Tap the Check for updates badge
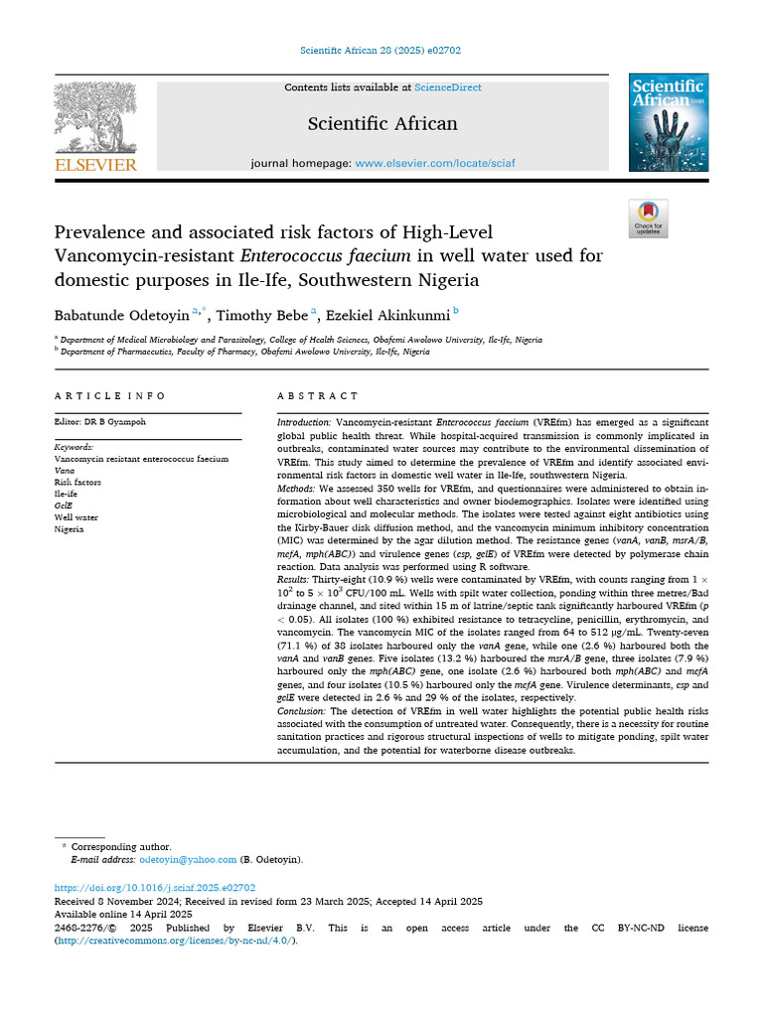(648, 218)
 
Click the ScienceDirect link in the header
(448, 87)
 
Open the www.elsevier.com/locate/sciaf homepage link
(435, 162)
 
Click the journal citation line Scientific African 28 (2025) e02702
(381, 51)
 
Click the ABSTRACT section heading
(318, 395)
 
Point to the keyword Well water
(76, 517)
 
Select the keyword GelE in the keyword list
(64, 506)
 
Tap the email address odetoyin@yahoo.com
(188, 859)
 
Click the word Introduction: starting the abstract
(304, 423)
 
